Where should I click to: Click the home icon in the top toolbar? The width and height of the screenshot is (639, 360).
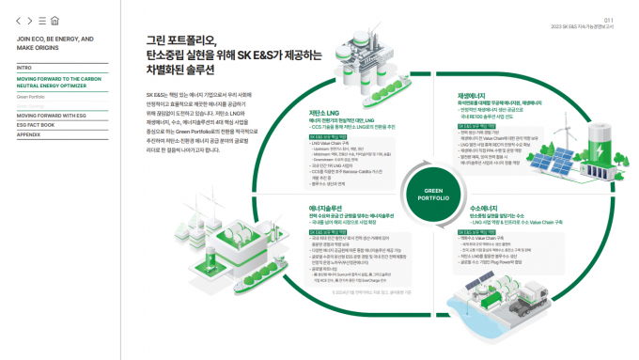(55, 20)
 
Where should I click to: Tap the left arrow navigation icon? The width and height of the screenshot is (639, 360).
(20, 20)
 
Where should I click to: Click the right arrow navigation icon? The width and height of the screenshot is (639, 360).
(30, 20)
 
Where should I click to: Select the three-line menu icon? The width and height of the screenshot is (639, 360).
(42, 20)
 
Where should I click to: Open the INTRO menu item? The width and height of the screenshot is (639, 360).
(24, 68)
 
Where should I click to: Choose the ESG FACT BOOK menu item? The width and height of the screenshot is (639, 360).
(37, 124)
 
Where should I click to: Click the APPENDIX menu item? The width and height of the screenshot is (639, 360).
(28, 134)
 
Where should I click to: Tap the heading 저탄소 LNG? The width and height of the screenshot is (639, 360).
(323, 112)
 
